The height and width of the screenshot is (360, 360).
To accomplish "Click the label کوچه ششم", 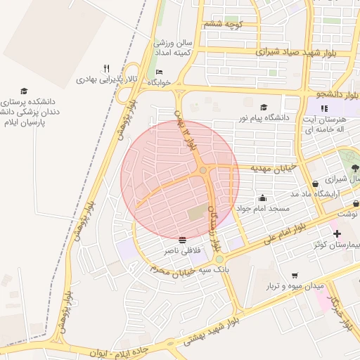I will click(223, 25).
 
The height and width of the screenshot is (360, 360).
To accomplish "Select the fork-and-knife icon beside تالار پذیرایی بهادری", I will click(107, 68).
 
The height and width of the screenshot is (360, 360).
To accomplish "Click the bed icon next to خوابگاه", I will click(159, 72).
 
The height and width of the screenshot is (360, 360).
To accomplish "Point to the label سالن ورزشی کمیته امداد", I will click(174, 48).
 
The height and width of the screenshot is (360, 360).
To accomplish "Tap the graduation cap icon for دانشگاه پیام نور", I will click(264, 108).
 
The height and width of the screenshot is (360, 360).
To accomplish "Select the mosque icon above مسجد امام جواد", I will click(263, 198).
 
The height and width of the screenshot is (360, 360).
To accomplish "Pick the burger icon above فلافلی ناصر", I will click(183, 239).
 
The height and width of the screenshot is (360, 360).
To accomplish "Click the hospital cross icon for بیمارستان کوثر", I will click(337, 233).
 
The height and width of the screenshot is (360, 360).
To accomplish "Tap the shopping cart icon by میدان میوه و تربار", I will click(294, 276).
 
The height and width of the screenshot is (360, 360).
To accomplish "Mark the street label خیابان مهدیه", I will click(272, 169).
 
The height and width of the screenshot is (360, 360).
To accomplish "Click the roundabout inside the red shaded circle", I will click(202, 170).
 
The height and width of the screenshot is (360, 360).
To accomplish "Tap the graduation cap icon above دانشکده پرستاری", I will click(24, 91).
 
